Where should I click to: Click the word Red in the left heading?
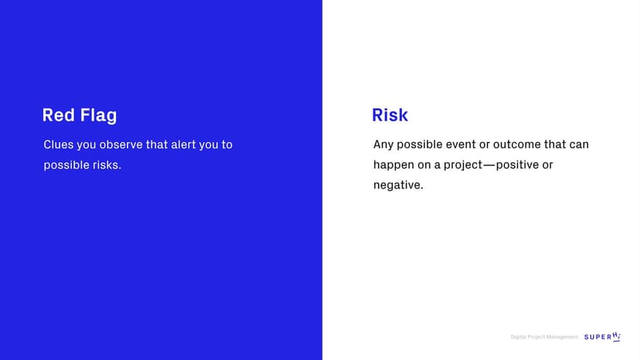[59, 115]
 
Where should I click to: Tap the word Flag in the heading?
[98, 116]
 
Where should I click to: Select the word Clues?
[59, 144]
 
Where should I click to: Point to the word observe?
[121, 144]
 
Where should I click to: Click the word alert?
[183, 144]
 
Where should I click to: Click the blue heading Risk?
[390, 115]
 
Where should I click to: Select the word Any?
[383, 145]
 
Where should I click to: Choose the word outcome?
[517, 144]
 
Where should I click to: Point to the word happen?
[393, 165]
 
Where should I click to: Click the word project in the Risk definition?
[463, 165]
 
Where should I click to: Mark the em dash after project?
[489, 165]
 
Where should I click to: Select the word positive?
[518, 165]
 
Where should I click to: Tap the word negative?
[398, 185]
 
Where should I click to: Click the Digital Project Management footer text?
[544, 337]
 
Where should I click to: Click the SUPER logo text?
[598, 337]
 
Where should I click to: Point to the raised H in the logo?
[615, 335]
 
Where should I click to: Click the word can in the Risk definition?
[580, 144]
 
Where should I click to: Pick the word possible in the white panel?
[420, 145]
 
